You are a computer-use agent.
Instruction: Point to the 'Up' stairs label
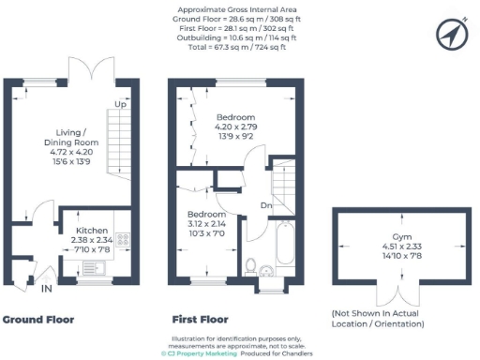pyautogui.click(x=120, y=104)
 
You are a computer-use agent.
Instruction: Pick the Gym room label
pyautogui.click(x=389, y=237)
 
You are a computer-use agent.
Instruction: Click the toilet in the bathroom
pyautogui.click(x=248, y=270)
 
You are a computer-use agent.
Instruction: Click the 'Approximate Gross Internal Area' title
pyautogui.click(x=239, y=10)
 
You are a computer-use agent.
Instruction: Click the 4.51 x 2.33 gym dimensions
pyautogui.click(x=389, y=247)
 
